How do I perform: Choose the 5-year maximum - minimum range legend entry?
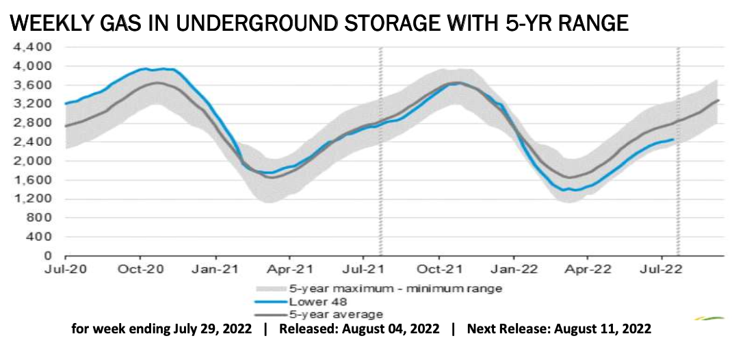(x=384, y=289)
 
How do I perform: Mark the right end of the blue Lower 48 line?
(x=673, y=140)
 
